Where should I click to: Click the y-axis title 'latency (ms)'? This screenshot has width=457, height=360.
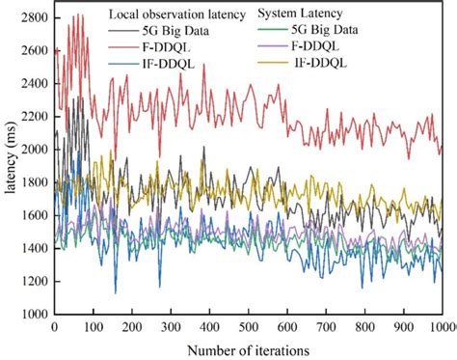pos(11,164)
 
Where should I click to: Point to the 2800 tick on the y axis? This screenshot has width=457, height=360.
pos(35,17)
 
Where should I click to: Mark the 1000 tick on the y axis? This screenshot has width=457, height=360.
pos(35,315)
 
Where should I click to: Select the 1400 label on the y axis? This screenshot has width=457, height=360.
pos(35,249)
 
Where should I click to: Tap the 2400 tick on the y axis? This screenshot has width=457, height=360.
pos(35,84)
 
